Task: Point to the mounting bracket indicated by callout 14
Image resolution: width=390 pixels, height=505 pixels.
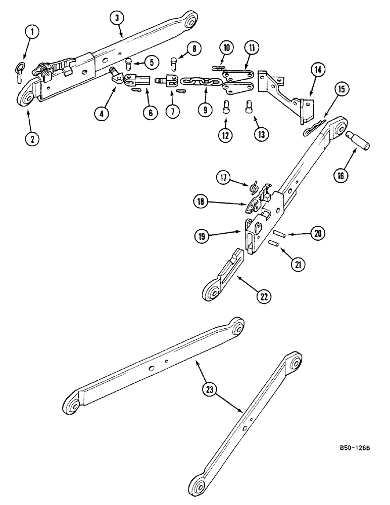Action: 286,96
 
